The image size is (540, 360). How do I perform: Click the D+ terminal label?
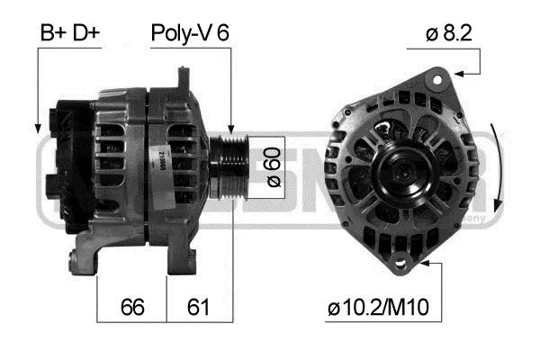click(85, 33)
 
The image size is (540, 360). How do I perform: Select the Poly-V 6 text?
click(190, 33)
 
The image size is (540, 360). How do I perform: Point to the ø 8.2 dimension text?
click(449, 33)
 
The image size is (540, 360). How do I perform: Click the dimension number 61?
click(199, 307)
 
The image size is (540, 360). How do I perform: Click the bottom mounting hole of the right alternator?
click(400, 263)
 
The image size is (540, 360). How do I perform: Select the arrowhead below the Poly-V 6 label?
click(232, 132)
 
